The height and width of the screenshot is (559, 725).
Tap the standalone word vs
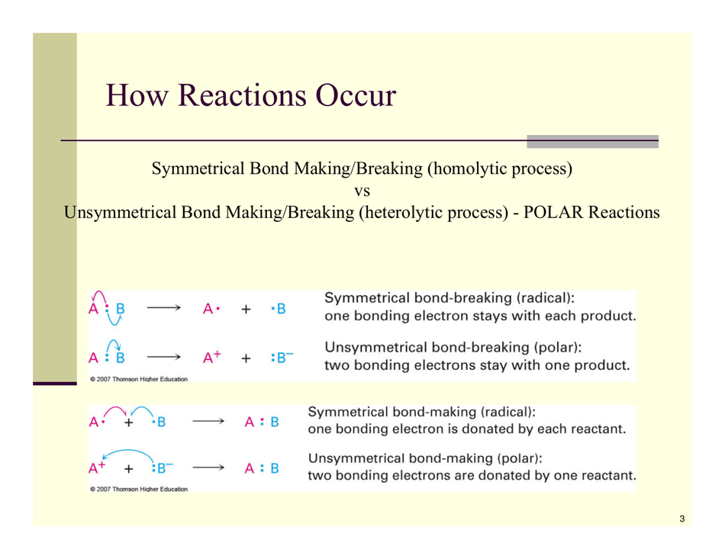(363, 189)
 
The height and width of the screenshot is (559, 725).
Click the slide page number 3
(681, 519)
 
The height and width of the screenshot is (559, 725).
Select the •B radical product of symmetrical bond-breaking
(279, 309)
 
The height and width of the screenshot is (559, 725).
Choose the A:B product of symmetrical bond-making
(261, 420)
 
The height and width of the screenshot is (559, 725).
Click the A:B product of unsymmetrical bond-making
(261, 467)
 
